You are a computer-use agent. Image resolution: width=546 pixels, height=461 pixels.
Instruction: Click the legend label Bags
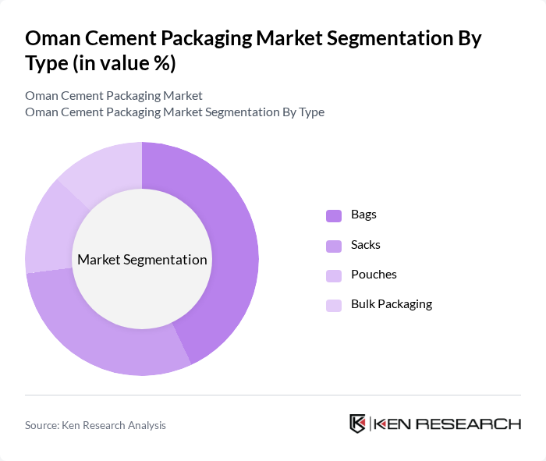[x=363, y=215]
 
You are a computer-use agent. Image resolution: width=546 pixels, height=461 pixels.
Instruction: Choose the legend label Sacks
[x=365, y=245]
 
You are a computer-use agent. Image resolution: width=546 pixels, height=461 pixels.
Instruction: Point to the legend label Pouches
[x=374, y=275]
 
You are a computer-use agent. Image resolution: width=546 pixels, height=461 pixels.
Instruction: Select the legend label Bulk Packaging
[x=391, y=304]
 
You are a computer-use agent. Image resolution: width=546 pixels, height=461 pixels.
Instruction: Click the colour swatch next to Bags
[x=334, y=215]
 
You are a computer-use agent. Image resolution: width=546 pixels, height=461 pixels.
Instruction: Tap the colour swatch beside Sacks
[x=334, y=246]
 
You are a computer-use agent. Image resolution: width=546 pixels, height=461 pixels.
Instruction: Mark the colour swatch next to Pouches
[x=334, y=275]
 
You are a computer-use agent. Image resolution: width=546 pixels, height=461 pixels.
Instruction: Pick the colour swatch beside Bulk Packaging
[x=334, y=305]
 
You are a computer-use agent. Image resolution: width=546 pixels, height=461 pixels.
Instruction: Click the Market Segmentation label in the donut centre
[x=142, y=260]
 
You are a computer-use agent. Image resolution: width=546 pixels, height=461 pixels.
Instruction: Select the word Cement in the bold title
[x=129, y=38]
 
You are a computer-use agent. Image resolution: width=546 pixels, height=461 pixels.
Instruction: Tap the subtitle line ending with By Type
[x=175, y=112]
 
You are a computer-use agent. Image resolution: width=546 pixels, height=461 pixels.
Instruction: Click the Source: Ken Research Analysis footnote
[x=95, y=425]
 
